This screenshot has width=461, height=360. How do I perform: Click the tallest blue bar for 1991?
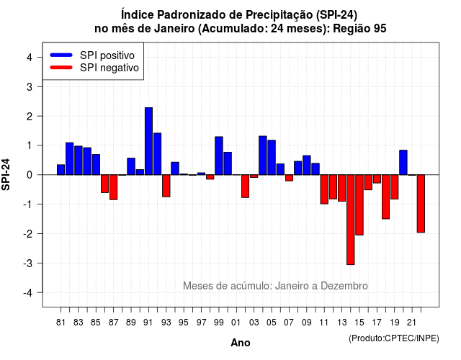point(149,141)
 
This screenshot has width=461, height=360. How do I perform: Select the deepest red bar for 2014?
point(351,220)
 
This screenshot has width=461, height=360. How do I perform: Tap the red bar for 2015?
point(359,204)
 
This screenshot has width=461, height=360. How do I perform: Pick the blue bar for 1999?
point(219,156)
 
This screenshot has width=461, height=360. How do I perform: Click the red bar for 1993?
point(166,186)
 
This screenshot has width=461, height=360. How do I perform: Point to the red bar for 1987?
point(114,187)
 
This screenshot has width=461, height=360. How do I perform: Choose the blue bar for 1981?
point(61,170)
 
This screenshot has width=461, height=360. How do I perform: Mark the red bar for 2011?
point(324,189)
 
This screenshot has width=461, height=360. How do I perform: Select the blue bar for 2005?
point(272,158)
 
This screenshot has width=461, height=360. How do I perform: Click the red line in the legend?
point(61,68)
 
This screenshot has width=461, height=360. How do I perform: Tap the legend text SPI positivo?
point(107,55)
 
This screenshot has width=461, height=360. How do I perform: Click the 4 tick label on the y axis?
point(30,58)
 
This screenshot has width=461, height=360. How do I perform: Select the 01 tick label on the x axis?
point(236,323)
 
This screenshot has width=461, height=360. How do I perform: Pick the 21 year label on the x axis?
point(411,323)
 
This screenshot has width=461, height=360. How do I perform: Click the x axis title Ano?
point(241,343)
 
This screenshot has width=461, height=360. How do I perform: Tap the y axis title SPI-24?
point(6,174)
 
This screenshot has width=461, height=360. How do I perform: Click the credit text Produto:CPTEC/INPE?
point(394,338)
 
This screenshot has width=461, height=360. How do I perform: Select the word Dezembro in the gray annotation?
point(344,286)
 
